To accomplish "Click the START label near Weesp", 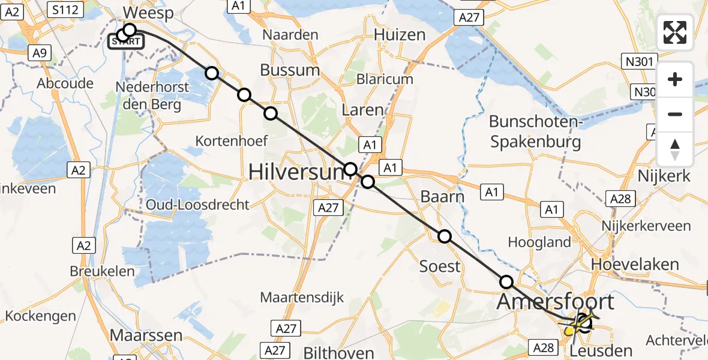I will [x=126, y=42].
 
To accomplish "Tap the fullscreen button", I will [x=675, y=32].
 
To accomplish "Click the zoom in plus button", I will [x=675, y=79].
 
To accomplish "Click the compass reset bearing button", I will [x=675, y=149].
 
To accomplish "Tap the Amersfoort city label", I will [x=556, y=301].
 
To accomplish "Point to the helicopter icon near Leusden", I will [x=579, y=324].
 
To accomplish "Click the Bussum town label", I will [x=290, y=70].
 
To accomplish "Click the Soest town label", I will [x=440, y=266].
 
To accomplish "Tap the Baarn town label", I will [x=442, y=197].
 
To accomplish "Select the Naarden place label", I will [x=290, y=35].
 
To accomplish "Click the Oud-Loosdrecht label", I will [x=197, y=205].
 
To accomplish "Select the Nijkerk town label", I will [x=664, y=176].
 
